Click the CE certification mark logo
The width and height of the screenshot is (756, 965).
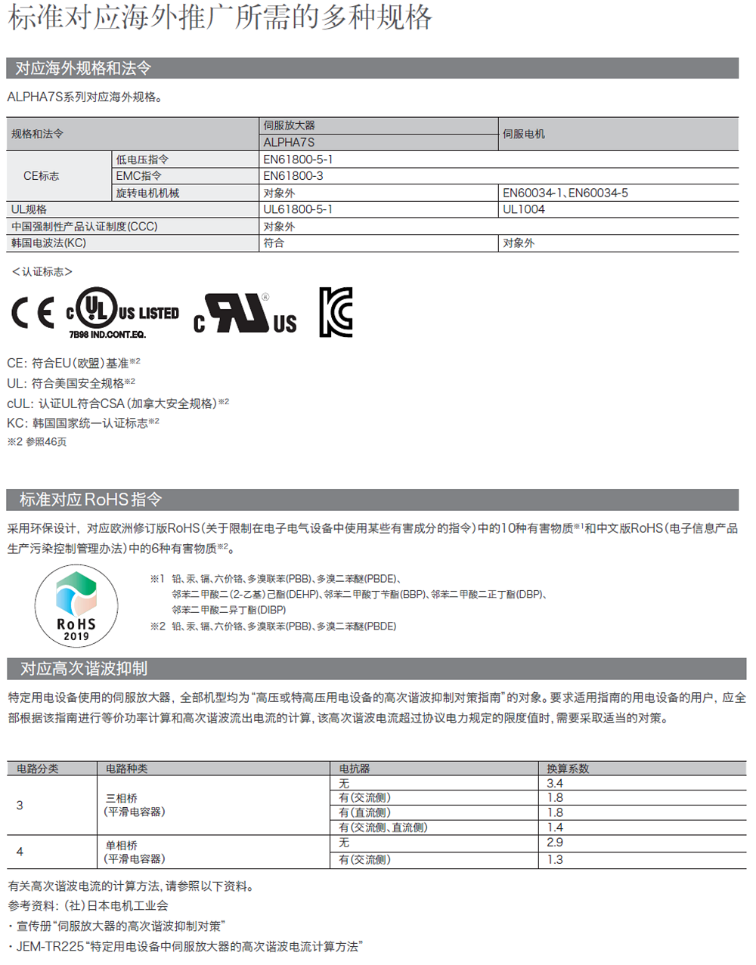coord(33,313)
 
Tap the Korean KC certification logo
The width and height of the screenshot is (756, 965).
coord(336,312)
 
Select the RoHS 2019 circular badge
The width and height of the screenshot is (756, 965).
coord(76,606)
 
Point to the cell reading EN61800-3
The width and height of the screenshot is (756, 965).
coord(293,176)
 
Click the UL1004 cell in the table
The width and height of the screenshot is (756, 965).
coord(524,209)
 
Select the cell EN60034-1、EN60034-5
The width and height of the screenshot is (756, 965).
coord(565,193)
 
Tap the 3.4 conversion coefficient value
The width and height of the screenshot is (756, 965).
coord(555,784)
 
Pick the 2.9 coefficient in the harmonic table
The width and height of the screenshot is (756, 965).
coord(555,843)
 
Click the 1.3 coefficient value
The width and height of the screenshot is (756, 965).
coord(555,860)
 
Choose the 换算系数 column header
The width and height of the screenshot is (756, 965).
coord(569,769)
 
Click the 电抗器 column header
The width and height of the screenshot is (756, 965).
coord(355,769)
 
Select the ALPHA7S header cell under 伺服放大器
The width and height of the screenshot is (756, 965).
coord(289,142)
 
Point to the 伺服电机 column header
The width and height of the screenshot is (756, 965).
coord(524,134)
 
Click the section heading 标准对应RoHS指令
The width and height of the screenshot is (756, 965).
coord(91,500)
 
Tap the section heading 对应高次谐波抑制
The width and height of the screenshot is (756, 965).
coord(84,669)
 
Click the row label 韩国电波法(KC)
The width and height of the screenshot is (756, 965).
coord(48,243)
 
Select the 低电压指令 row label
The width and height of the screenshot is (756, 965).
coord(142,159)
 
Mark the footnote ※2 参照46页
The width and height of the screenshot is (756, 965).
coord(37,442)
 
